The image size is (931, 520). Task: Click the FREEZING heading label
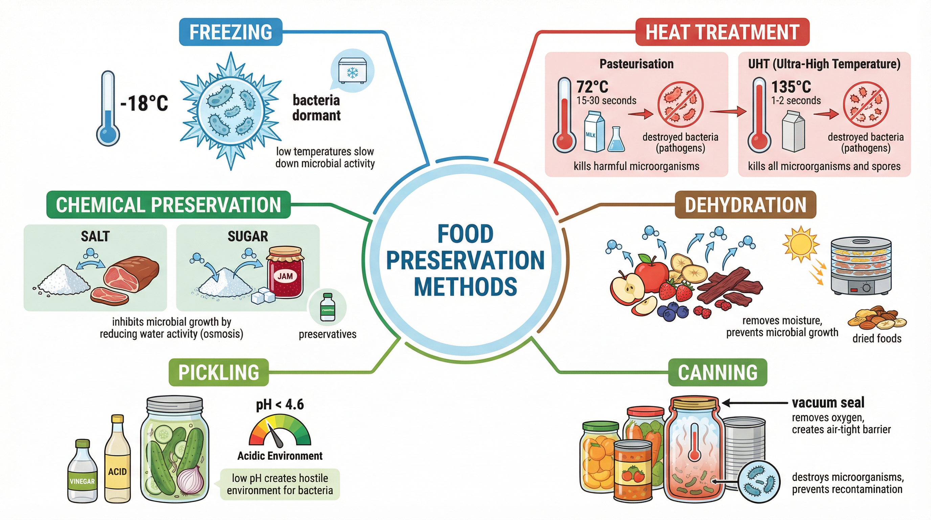coord(231,32)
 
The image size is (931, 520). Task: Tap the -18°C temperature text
coord(144,103)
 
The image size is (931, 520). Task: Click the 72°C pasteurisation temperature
coord(592,87)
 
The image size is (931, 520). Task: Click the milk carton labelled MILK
coord(594,132)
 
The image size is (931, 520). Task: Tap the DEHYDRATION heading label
coord(745,205)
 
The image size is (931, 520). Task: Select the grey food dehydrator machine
coord(861,266)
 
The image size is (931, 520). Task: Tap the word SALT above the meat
coord(95,236)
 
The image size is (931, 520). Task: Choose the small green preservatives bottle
coord(327,308)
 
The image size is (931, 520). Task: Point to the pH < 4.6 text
coord(280,404)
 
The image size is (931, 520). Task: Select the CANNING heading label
coord(718,372)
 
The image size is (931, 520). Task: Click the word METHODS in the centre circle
coord(465,286)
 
